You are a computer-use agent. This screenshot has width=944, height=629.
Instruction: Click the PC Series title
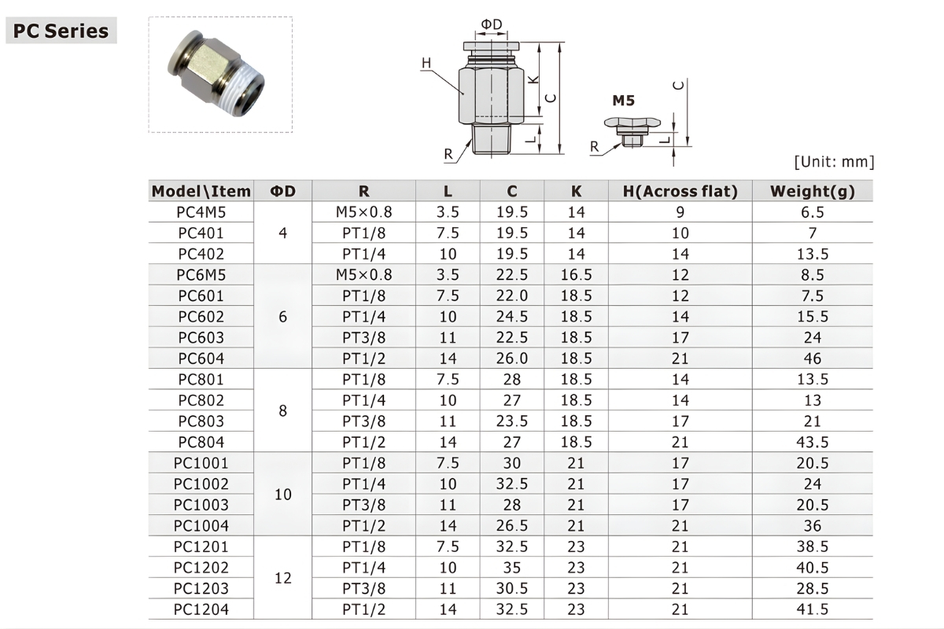point(61,31)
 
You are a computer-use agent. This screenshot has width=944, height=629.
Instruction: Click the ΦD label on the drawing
point(491,25)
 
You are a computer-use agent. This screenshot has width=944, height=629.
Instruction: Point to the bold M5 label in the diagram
point(623,101)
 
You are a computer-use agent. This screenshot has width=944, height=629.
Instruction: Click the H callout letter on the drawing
point(426,63)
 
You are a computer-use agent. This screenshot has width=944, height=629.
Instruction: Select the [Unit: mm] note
point(834,162)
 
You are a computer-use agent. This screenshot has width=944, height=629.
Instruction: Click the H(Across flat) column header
point(680,191)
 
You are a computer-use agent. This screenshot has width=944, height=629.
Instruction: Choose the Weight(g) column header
point(812,191)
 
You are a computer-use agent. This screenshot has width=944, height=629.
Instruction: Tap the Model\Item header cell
point(201,191)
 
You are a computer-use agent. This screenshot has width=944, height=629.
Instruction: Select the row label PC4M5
point(201,212)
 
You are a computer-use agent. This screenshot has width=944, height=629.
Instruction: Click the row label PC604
point(201,359)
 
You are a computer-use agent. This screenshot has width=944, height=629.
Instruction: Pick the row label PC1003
point(201,505)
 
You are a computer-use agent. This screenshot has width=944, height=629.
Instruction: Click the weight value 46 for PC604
point(813,359)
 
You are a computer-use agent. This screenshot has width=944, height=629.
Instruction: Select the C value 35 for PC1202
point(512,567)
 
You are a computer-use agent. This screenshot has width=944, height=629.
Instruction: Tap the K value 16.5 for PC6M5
point(577,275)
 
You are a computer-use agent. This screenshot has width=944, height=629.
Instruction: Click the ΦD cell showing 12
point(283,578)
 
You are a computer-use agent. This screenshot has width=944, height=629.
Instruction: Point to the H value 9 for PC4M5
point(680,212)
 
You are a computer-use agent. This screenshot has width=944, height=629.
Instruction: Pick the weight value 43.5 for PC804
point(813,442)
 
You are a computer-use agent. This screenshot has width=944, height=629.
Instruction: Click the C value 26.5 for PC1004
point(512,525)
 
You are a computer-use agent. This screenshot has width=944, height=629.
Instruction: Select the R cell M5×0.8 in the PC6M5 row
point(363,275)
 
